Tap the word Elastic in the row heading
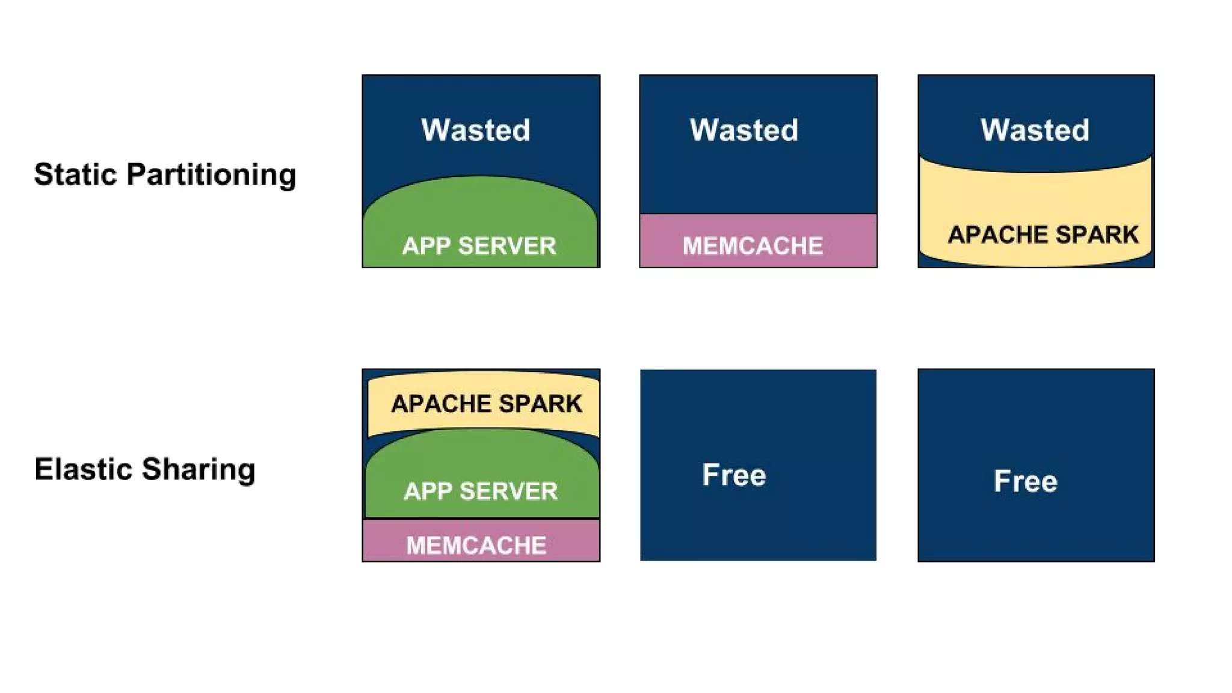[84, 469]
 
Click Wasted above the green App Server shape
[475, 130]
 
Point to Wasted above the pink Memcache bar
[744, 130]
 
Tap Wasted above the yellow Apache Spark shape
[1035, 130]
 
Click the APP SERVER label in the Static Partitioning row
[479, 246]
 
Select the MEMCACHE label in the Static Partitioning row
[753, 246]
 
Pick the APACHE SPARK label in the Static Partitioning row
[1043, 235]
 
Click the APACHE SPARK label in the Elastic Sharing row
[486, 404]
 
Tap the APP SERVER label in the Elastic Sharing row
[481, 491]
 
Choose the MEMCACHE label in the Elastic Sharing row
[476, 546]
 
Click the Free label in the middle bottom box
[734, 475]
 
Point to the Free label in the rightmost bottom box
[1025, 481]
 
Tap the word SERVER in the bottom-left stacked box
[508, 491]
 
